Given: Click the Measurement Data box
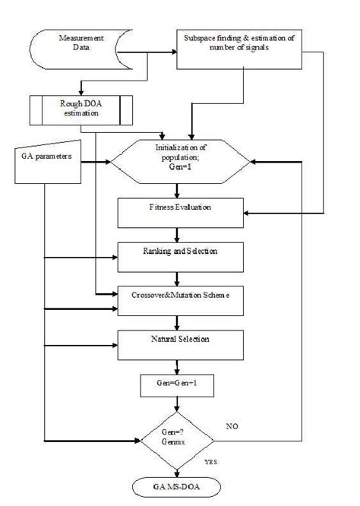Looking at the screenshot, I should click(77, 46).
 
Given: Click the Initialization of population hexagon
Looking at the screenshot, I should click(181, 161).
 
